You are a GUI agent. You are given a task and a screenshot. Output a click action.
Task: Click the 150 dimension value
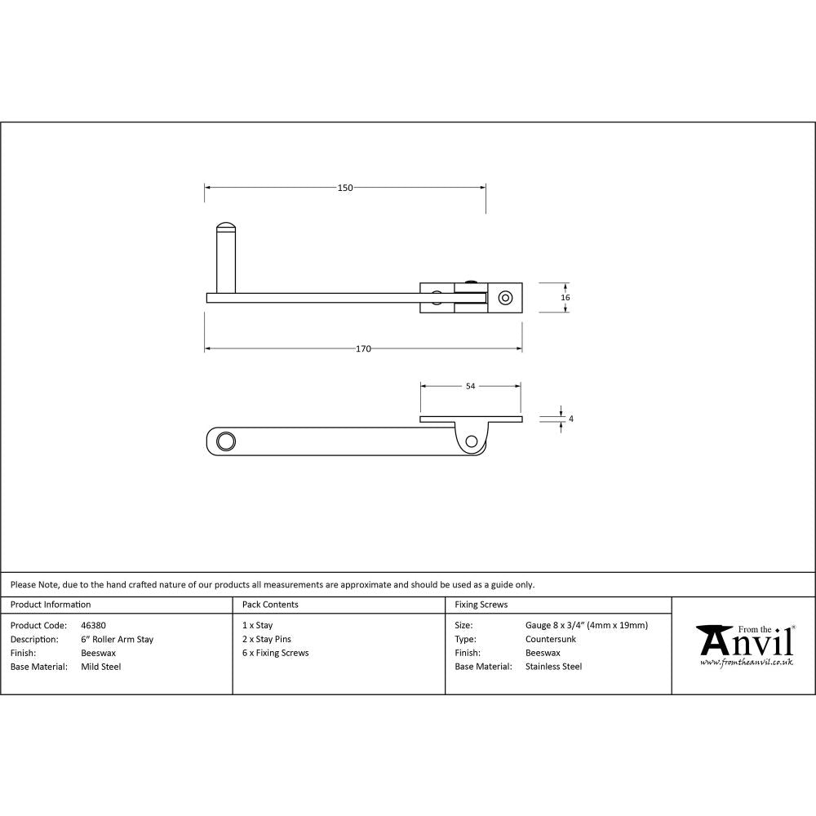[345, 188]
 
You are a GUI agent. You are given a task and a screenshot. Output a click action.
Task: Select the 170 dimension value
[363, 349]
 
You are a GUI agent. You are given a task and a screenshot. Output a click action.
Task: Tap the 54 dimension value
[470, 387]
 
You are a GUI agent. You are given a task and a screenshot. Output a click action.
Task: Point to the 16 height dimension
[565, 298]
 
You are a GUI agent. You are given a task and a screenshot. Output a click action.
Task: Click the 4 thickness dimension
[570, 419]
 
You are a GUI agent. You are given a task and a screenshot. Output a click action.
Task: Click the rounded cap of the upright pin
[224, 226]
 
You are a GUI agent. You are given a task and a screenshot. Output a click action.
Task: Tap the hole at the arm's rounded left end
[225, 441]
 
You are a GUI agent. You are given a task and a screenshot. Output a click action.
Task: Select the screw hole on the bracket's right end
[506, 298]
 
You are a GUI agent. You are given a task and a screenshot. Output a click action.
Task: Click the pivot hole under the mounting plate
[471, 441]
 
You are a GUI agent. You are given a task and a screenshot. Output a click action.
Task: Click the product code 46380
[93, 626]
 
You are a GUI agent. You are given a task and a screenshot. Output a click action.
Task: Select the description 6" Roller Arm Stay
[117, 640]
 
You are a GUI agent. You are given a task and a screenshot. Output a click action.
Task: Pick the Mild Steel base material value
[100, 667]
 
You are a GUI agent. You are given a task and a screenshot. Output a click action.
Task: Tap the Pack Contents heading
[270, 605]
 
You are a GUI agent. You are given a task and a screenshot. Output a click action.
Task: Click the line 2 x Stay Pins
[266, 640]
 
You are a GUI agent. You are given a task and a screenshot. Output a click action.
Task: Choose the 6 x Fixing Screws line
[275, 653]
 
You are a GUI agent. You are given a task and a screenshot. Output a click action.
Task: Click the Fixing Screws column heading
[481, 605]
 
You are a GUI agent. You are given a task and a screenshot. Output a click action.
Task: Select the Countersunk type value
[551, 640]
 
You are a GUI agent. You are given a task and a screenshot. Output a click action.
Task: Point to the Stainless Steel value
[553, 667]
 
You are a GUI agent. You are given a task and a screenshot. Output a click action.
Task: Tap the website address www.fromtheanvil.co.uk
[746, 662]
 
